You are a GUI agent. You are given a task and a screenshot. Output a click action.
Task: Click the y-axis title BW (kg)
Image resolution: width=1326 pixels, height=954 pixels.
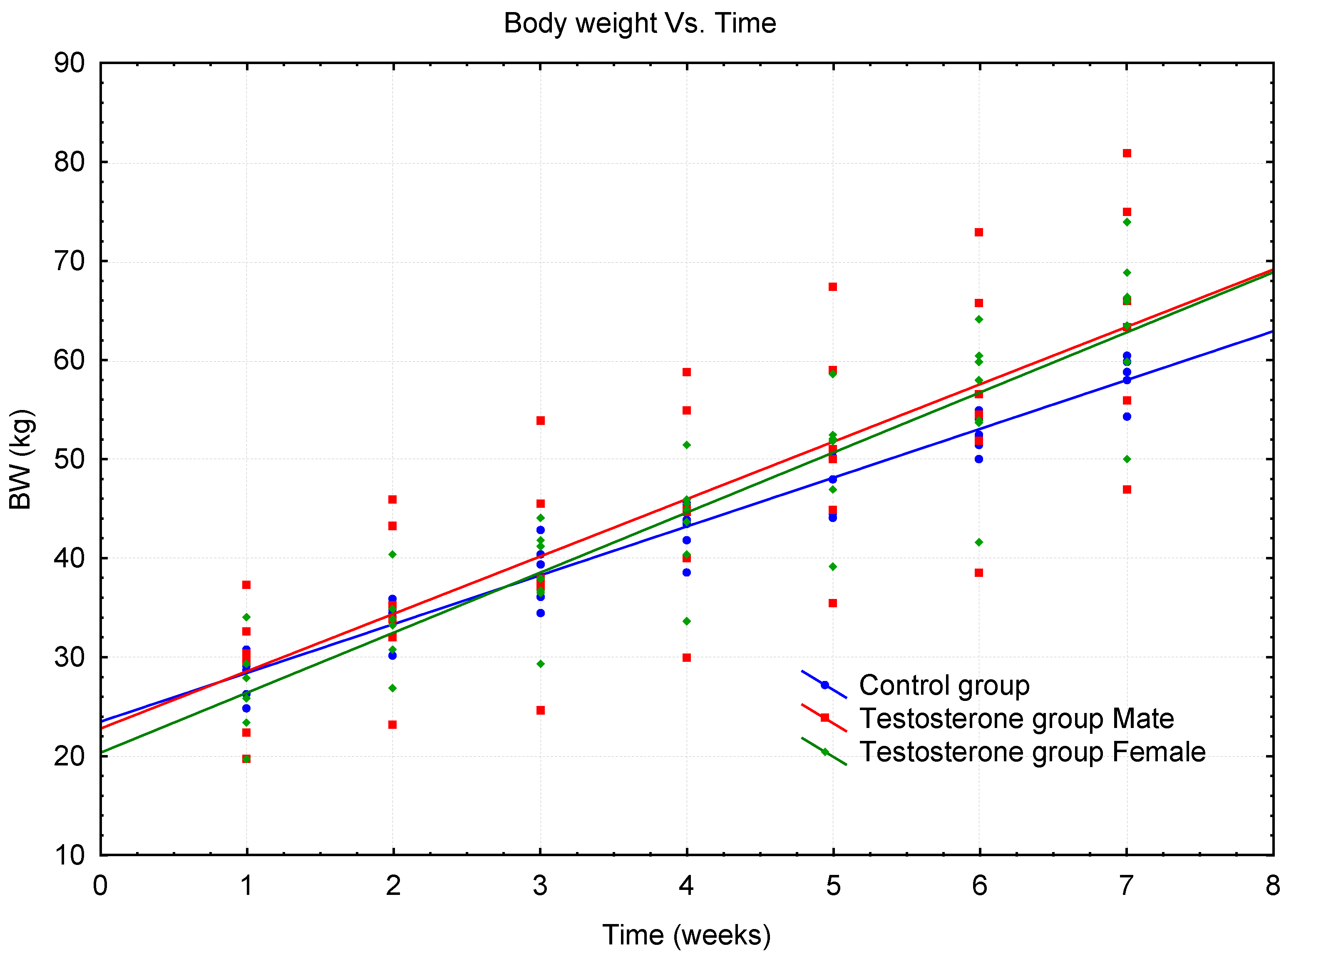[x=21, y=460]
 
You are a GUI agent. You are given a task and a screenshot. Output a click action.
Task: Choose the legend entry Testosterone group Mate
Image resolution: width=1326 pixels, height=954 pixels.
[x=1016, y=718]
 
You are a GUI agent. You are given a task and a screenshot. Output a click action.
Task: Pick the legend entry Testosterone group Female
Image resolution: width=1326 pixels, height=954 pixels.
[x=1032, y=752]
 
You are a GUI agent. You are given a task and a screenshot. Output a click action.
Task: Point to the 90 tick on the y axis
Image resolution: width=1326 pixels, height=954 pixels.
[x=69, y=63]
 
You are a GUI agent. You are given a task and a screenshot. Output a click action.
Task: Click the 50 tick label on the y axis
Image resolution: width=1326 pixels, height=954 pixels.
[x=69, y=460]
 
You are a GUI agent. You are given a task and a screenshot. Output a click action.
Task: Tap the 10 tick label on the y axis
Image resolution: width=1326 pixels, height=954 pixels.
[x=69, y=856]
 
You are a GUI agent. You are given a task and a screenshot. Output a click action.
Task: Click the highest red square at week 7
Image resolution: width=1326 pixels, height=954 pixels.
[x=1127, y=153]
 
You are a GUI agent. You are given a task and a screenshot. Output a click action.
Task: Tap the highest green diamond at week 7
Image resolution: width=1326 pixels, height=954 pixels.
[x=1127, y=222]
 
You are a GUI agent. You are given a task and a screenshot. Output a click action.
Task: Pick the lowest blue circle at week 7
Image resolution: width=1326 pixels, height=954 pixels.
[x=1127, y=417]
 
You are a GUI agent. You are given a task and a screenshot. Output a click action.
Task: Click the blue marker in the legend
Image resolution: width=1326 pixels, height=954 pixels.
[x=824, y=685]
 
